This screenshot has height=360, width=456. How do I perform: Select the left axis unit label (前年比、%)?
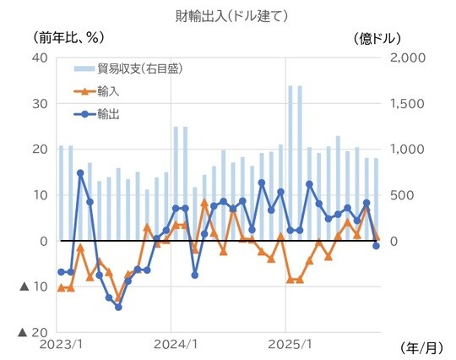(68, 37)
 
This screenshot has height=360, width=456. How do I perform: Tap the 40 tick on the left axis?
(39, 57)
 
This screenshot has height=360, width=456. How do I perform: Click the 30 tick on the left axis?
(39, 103)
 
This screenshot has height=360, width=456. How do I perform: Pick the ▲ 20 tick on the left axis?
(33, 333)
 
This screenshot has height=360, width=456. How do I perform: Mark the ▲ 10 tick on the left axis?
(33, 287)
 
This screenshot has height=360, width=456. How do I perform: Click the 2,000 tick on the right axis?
(404, 57)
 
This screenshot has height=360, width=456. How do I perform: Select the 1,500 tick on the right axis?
(404, 103)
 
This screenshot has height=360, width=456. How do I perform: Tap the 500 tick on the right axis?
(399, 195)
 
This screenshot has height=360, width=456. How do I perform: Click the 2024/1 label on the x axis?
(172, 346)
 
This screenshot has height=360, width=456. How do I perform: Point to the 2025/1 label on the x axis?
(285, 346)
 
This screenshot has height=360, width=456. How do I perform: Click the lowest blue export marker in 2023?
(118, 307)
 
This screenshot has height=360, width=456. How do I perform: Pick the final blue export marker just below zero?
(376, 245)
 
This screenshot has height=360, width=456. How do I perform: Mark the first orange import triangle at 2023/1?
(61, 288)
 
